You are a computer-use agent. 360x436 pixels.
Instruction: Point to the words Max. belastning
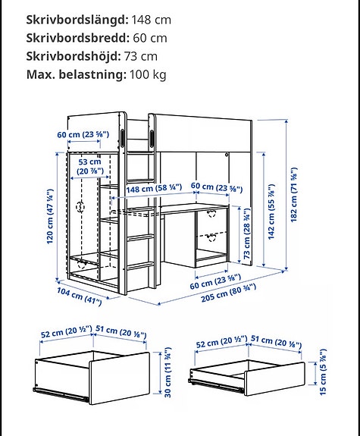tap(74, 74)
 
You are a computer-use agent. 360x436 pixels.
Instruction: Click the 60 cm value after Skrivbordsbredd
tap(148, 38)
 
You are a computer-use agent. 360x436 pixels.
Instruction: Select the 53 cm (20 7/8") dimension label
tap(89, 166)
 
